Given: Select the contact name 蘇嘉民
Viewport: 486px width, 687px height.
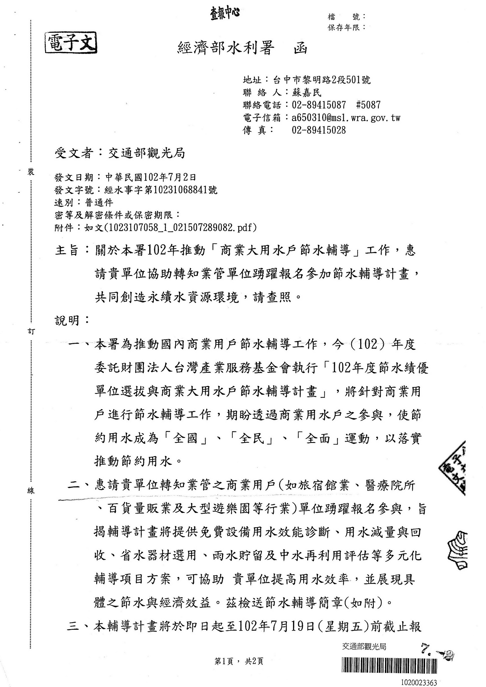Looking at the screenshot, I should coord(306,93).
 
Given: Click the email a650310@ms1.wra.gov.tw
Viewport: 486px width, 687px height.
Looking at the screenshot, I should coord(346,118).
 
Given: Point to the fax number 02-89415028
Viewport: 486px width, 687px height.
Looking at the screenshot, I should coord(318,130).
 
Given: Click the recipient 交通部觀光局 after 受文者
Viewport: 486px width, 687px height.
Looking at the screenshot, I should coord(146,153).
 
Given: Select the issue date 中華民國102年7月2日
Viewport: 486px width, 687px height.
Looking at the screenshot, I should coord(151,177).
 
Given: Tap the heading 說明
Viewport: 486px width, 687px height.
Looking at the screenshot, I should coord(67,321).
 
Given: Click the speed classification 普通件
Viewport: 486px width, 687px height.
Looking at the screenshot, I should coord(99,203).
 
